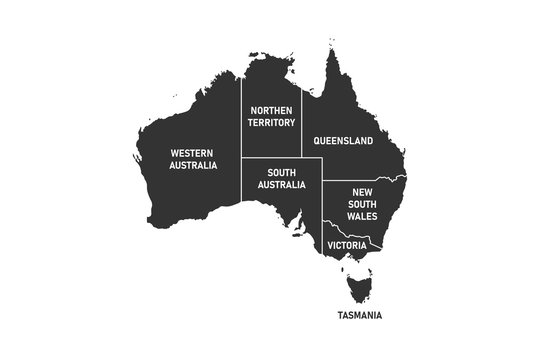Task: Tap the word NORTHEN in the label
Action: tap(272, 110)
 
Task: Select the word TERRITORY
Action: tap(272, 123)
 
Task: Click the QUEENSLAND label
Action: tap(343, 142)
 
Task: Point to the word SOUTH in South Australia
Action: tap(281, 172)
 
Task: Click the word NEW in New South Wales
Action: tap(361, 190)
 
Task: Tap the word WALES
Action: tap(361, 216)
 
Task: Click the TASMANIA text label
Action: tap(358, 316)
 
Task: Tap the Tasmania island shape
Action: tap(358, 288)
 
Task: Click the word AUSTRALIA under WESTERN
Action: tap(193, 166)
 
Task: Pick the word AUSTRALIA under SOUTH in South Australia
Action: tap(281, 185)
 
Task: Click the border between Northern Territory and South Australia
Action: tap(272, 158)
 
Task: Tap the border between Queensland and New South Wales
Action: tap(360, 179)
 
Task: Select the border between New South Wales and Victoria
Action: tap(362, 233)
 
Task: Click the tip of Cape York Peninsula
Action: tap(328, 45)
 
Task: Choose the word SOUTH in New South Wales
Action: tap(361, 203)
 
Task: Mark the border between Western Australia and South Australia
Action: tap(241, 185)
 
